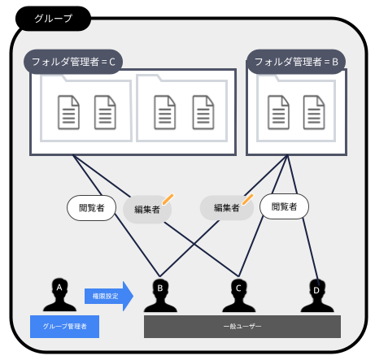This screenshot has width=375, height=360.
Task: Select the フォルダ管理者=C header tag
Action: click(72, 61)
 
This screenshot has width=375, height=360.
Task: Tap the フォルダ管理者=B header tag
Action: click(295, 61)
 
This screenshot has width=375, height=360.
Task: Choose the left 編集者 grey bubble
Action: click(146, 209)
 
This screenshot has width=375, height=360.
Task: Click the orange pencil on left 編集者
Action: click(168, 197)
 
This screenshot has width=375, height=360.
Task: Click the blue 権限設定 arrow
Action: click(107, 296)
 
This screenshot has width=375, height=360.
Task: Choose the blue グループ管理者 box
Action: click(64, 327)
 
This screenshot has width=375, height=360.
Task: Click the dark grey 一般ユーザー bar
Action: click(242, 327)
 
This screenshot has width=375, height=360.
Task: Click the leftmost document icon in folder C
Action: click(69, 112)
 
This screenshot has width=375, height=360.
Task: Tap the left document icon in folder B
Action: click(277, 112)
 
